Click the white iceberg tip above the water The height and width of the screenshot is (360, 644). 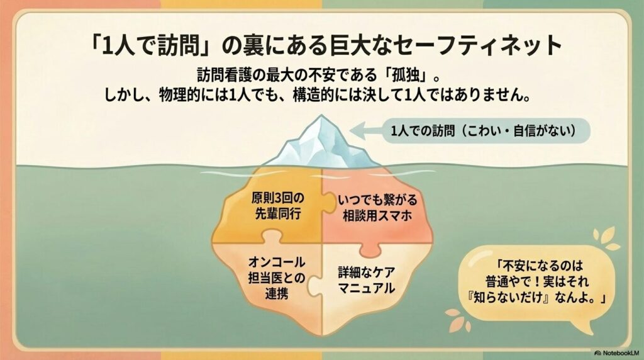coord(321,144)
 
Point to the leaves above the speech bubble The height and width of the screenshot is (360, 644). coord(606,239)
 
